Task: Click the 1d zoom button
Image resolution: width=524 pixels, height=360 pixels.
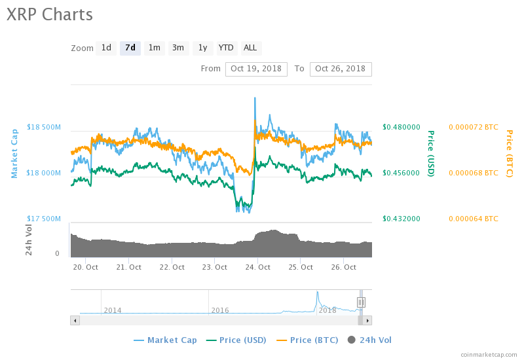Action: tap(106, 48)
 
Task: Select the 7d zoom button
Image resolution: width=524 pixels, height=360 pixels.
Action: tap(130, 48)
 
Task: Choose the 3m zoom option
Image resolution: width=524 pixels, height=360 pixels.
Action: tap(178, 48)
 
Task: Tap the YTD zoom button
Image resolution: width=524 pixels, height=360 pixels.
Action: tap(226, 48)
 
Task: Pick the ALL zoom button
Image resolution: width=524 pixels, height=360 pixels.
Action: tap(250, 48)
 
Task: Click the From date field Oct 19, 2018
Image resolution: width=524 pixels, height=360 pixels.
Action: tap(256, 69)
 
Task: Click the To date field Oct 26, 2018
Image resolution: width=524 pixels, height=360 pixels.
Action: tap(340, 69)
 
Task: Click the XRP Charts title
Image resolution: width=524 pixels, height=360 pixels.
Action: tap(50, 14)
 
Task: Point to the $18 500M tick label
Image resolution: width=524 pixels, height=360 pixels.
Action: tap(44, 127)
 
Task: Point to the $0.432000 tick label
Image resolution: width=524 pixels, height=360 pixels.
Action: tap(402, 219)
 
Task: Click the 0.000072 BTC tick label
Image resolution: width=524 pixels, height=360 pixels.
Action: tap(473, 127)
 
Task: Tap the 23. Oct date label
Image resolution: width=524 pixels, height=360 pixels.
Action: tap(215, 267)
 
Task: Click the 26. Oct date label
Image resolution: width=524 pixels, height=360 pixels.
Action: tap(344, 267)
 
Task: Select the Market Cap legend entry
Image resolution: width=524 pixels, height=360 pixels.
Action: tap(165, 340)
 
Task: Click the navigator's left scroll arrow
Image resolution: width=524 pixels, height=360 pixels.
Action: tap(75, 321)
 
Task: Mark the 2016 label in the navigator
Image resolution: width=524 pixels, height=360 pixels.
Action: tap(220, 310)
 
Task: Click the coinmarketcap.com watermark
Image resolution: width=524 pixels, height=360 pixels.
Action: tap(489, 354)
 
